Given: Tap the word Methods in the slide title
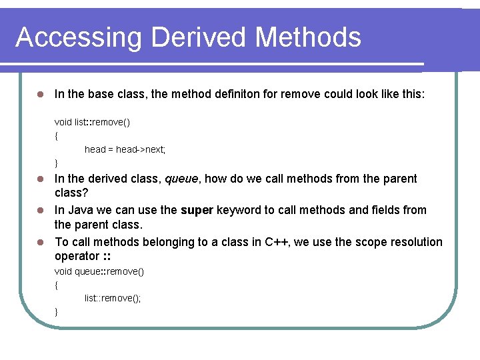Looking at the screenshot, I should pos(308,37).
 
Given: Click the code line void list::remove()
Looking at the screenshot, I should pos(92,122).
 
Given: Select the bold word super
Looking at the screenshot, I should pos(197,210).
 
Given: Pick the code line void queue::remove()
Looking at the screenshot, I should pos(99,271).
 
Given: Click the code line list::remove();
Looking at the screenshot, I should pos(113,298).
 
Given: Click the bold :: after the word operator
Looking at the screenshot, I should pos(106,257).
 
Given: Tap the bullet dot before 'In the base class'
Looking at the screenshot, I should pos(40,95).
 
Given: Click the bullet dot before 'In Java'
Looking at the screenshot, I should pos(40,211).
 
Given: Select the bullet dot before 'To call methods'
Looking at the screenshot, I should pos(40,242).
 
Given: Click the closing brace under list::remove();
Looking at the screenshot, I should pos(57,311).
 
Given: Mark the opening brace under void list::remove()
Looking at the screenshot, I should pos(57,135).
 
